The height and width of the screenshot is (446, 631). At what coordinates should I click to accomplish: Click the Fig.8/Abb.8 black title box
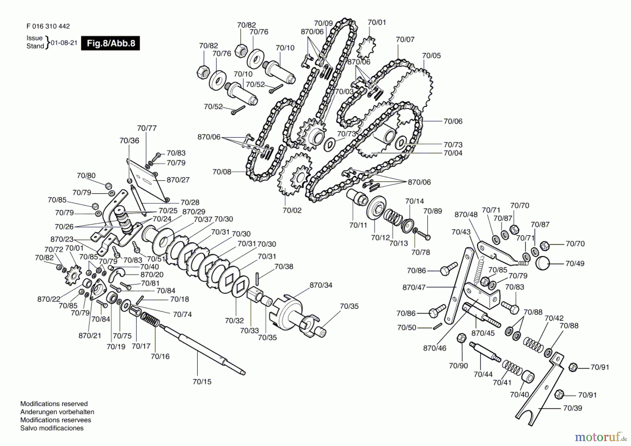110,43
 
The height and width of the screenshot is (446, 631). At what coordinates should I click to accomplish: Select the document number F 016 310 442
48,26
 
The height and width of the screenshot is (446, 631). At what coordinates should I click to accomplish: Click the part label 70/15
202,381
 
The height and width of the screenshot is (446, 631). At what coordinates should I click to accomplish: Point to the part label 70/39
572,408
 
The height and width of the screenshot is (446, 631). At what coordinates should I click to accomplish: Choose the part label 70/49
575,263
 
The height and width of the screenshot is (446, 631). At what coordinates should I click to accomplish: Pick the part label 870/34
321,285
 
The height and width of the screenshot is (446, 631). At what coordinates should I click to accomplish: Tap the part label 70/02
292,210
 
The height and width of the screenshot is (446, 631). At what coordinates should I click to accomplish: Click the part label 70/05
431,55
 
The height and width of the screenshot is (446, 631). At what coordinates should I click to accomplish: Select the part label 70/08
222,171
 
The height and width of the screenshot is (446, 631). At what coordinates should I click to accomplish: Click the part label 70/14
414,201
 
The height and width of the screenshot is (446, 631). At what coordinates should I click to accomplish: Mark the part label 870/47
414,287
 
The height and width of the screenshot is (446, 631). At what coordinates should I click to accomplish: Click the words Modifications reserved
54,404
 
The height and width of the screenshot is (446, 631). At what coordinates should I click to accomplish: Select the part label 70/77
147,128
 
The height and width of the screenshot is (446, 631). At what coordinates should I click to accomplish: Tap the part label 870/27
178,180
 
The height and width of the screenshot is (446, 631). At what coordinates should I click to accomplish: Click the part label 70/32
234,320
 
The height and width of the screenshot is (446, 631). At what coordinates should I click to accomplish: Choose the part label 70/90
459,366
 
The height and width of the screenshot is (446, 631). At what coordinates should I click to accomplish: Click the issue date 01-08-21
64,43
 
